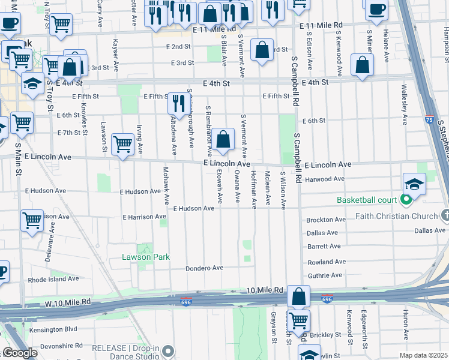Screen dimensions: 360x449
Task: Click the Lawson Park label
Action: (145, 257)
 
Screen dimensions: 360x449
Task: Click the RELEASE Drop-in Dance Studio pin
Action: (169, 350)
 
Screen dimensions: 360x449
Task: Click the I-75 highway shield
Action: (429, 120)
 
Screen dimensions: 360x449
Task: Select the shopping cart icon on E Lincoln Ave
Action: (122, 144)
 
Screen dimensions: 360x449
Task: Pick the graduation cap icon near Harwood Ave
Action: (414, 184)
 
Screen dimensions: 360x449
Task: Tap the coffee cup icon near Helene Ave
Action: (376, 10)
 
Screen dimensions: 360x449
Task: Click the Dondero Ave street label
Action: (204, 268)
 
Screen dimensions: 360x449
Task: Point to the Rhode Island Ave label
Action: (53, 279)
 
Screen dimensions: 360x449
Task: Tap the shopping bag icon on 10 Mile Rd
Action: (298, 296)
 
